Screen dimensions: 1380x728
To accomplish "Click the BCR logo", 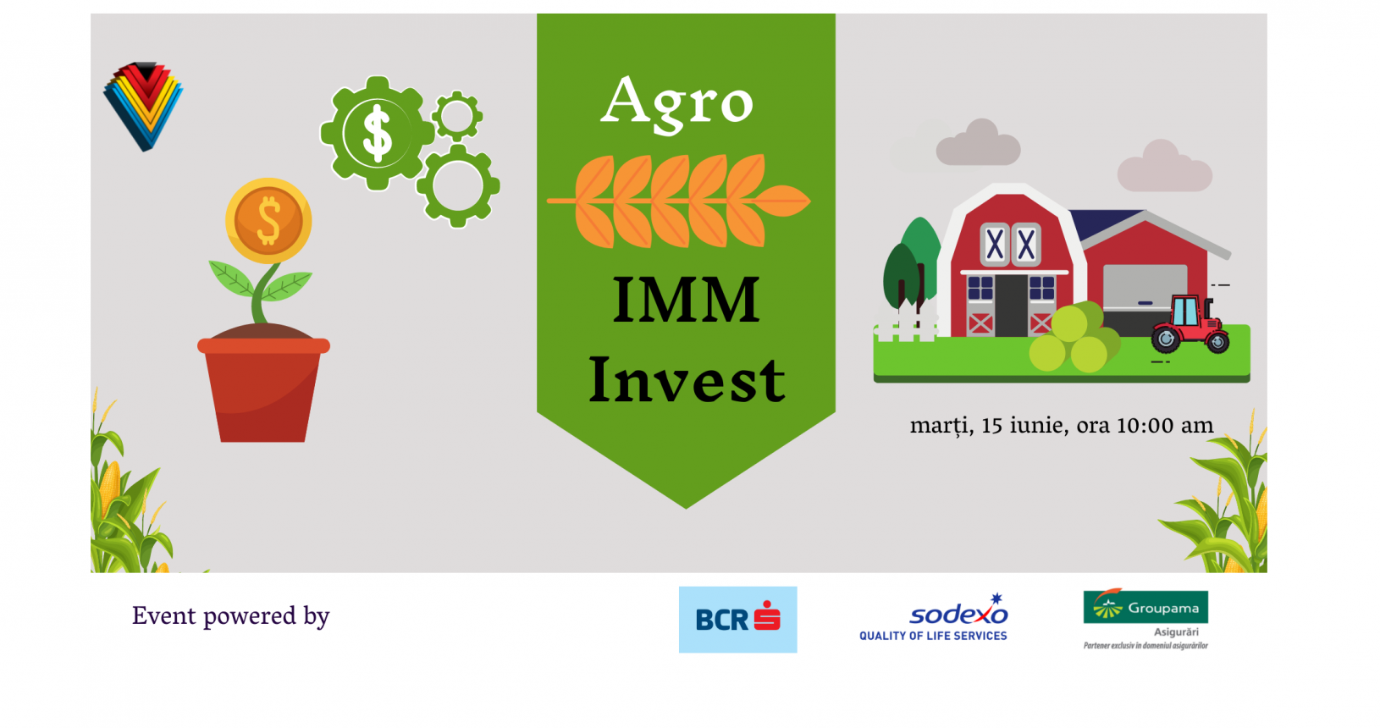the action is click(737, 619).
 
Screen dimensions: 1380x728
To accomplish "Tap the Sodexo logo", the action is click(934, 617).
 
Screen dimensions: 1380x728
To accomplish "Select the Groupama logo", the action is click(1145, 619).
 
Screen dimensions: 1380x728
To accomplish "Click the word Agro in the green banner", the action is click(677, 103).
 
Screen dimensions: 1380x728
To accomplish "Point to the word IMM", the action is click(687, 300).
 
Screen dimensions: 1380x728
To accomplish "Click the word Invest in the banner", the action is click(687, 379).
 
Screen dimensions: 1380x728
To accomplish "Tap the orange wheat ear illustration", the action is click(678, 201).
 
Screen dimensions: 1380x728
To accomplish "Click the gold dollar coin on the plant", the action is click(268, 220).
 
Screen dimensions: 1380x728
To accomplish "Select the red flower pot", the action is click(263, 390).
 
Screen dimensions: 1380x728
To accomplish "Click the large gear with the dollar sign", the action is click(377, 133).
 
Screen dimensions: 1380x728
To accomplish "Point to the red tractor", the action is click(1191, 324).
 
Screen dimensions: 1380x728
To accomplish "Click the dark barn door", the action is click(1010, 306).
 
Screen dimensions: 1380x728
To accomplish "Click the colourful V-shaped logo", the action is click(144, 106).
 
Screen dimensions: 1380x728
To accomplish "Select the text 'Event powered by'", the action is click(231, 616).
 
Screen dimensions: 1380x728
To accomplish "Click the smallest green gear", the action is click(457, 116).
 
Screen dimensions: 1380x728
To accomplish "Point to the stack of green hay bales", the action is click(1075, 338).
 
